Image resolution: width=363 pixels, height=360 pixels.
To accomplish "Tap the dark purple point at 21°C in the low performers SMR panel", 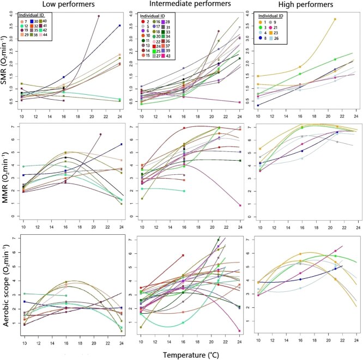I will [99, 16].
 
